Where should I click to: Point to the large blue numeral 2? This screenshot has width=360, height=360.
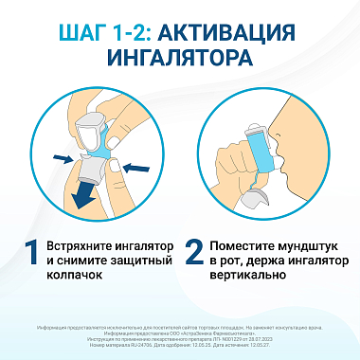(x=194, y=254)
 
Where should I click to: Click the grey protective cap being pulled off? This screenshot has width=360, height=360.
(x=94, y=169)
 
